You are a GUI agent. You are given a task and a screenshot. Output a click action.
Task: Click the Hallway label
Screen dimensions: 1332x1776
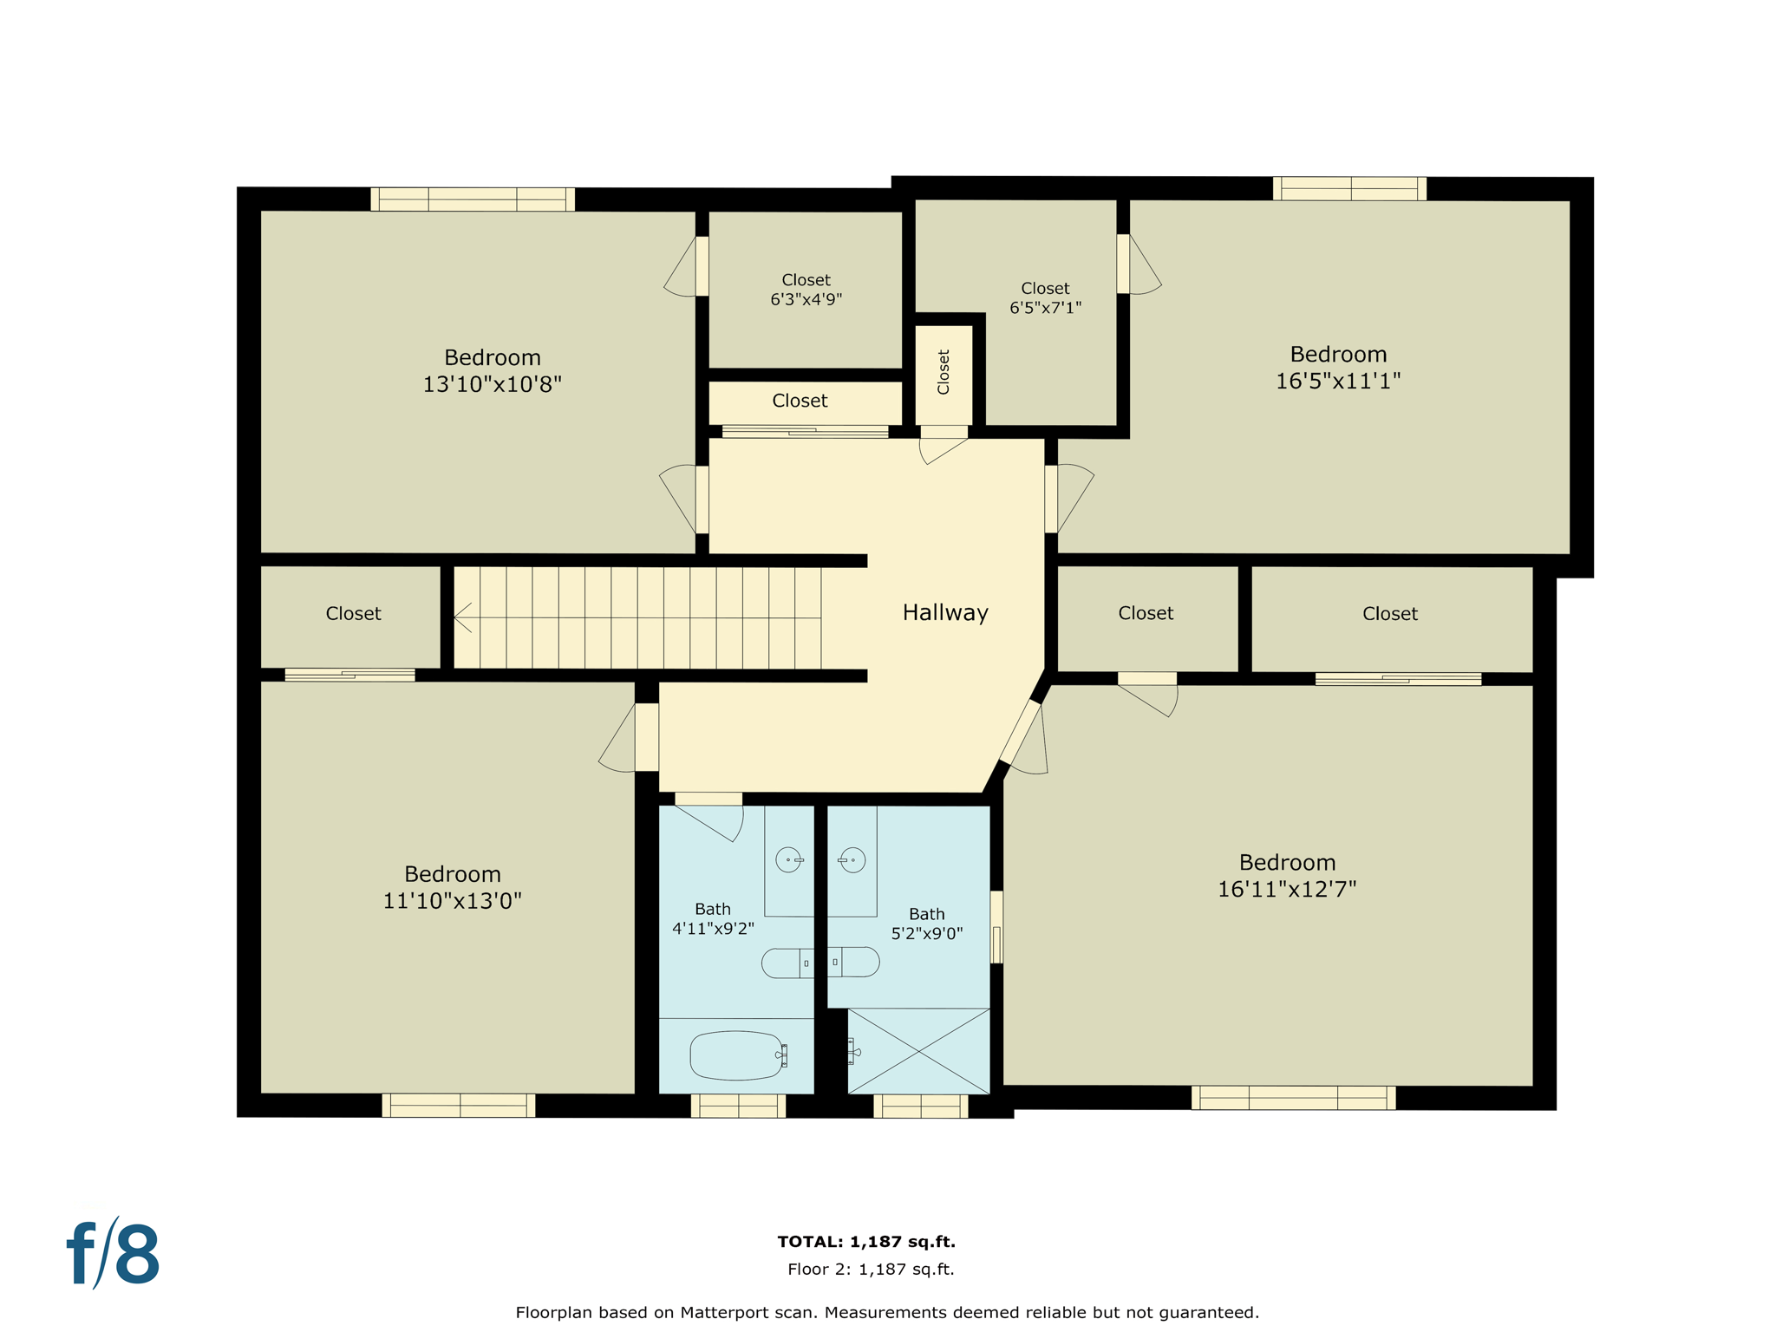(945, 613)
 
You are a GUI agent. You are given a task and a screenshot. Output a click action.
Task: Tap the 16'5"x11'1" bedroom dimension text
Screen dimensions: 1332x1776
(1337, 382)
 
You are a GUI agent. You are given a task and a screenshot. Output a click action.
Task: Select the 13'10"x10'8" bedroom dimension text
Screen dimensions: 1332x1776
(492, 384)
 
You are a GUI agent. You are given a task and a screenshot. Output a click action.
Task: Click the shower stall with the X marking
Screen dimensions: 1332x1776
(918, 1051)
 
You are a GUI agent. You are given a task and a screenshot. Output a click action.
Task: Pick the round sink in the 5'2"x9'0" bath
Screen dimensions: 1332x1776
(852, 859)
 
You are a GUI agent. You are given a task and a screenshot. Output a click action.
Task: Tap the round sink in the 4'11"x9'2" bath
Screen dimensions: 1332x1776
(788, 859)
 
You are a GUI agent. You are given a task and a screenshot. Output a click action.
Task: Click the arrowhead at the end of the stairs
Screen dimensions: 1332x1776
(460, 617)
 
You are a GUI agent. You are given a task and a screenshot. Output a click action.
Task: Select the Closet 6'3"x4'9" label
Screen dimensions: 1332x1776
(806, 290)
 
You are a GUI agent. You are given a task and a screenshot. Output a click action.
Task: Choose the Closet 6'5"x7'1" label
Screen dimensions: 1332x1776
(1045, 297)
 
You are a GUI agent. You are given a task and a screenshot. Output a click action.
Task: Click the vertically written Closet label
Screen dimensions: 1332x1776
(943, 372)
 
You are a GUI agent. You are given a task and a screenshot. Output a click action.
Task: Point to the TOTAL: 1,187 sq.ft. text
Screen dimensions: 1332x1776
(866, 1241)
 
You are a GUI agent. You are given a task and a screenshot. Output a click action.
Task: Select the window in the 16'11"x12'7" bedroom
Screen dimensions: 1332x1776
(1293, 1098)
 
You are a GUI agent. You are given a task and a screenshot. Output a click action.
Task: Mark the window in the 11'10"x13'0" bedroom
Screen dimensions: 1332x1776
(459, 1105)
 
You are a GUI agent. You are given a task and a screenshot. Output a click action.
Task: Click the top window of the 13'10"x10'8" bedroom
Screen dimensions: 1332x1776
(473, 199)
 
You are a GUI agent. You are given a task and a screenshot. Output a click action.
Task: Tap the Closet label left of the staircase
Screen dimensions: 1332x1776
(353, 614)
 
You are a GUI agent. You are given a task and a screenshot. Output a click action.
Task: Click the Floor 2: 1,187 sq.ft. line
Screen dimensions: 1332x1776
(871, 1270)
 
